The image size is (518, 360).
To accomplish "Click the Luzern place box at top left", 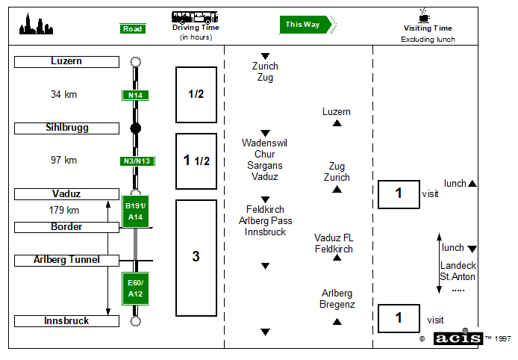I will pyautogui.click(x=66, y=62).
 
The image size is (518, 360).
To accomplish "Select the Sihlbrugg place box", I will pyautogui.click(x=66, y=128).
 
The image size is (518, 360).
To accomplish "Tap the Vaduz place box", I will pyautogui.click(x=66, y=194).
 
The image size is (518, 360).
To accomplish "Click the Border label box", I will pyautogui.click(x=66, y=227).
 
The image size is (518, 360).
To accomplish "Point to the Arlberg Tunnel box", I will pyautogui.click(x=66, y=260).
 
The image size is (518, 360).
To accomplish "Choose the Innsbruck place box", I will pyautogui.click(x=66, y=321).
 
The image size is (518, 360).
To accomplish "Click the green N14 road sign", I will pyautogui.click(x=136, y=95).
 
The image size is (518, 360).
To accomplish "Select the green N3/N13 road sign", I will pyautogui.click(x=137, y=161).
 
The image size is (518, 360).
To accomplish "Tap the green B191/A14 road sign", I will pyautogui.click(x=136, y=211).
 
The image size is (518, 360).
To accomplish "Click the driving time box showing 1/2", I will pyautogui.click(x=196, y=95).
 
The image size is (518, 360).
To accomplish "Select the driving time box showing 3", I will pyautogui.click(x=196, y=257).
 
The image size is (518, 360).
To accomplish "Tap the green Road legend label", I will pyautogui.click(x=133, y=28).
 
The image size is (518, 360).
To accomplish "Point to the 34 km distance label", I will pyautogui.click(x=64, y=95).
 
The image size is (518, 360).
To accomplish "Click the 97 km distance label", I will pyautogui.click(x=64, y=161).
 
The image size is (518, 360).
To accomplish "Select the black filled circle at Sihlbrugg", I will pyautogui.click(x=136, y=128).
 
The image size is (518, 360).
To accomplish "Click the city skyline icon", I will pyautogui.click(x=37, y=25).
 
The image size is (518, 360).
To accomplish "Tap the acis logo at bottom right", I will pyautogui.click(x=458, y=338).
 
